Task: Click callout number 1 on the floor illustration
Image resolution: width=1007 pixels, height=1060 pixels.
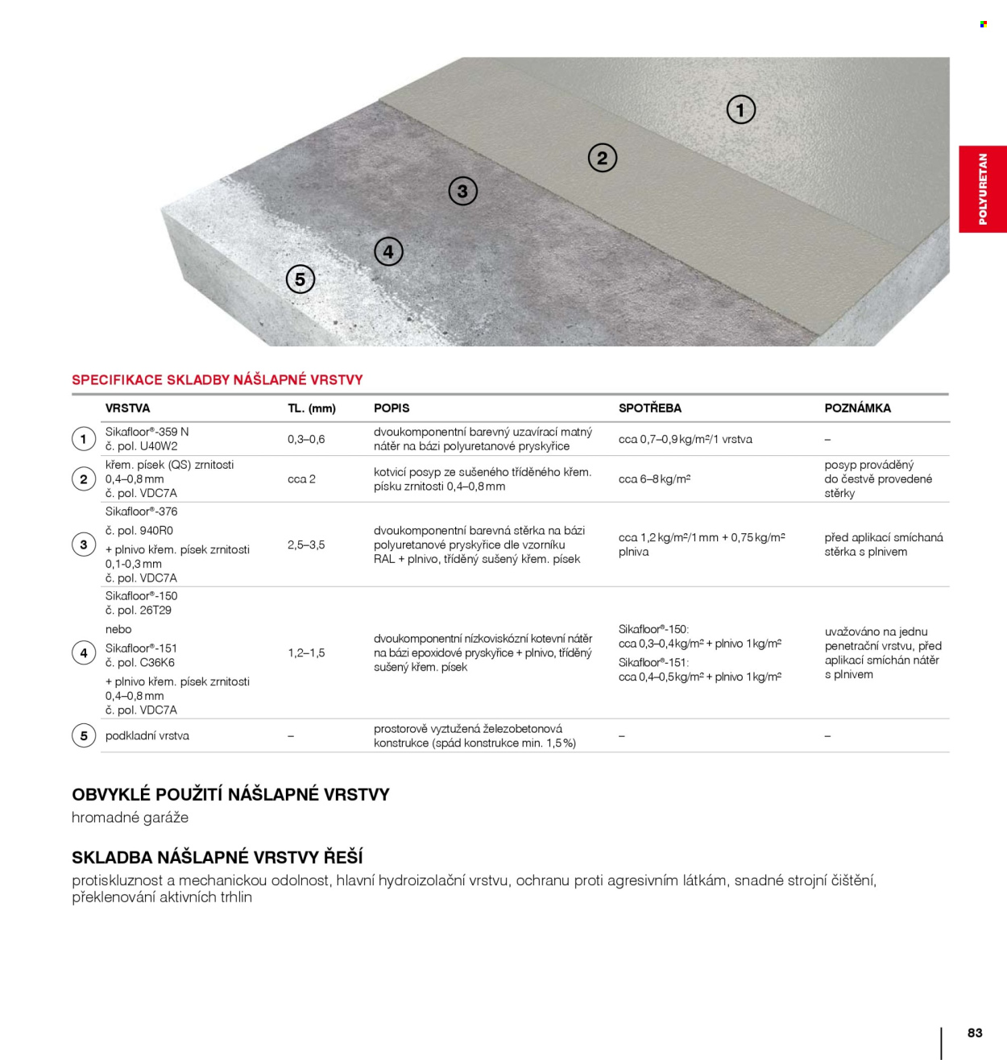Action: tap(741, 110)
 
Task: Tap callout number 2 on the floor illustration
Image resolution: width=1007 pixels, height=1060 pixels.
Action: tap(602, 158)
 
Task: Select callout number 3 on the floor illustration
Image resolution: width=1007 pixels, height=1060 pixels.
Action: tap(462, 191)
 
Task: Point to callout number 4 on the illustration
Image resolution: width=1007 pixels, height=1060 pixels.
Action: tap(388, 252)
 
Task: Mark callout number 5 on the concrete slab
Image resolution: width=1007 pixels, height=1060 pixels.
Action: tap(300, 279)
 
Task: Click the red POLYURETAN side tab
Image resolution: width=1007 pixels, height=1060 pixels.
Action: tap(982, 189)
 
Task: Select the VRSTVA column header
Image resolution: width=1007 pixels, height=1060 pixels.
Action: tap(127, 408)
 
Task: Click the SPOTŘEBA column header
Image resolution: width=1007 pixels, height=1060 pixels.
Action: tap(649, 408)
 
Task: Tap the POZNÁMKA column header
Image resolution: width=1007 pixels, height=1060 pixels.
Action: tap(857, 408)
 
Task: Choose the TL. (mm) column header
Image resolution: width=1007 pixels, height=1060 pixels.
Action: tap(311, 408)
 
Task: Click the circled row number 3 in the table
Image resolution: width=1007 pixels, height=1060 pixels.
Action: tap(84, 544)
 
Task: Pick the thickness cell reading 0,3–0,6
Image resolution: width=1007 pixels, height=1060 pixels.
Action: tap(306, 439)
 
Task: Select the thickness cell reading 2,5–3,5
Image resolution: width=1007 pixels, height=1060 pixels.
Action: tap(306, 544)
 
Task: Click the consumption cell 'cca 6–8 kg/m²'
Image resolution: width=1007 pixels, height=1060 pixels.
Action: tap(654, 478)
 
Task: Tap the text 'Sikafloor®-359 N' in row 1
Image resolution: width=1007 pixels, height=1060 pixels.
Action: tap(147, 432)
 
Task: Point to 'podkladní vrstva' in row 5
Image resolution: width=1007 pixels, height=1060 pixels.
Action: tap(147, 735)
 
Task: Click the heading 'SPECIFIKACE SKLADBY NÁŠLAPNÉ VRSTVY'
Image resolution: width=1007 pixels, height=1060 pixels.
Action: tap(218, 380)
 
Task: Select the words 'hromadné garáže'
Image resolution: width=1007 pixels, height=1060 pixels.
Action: tap(130, 818)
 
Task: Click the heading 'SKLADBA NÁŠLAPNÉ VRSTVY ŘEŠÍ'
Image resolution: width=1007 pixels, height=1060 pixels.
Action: tap(218, 857)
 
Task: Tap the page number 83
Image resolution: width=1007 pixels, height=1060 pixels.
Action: tap(975, 1033)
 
